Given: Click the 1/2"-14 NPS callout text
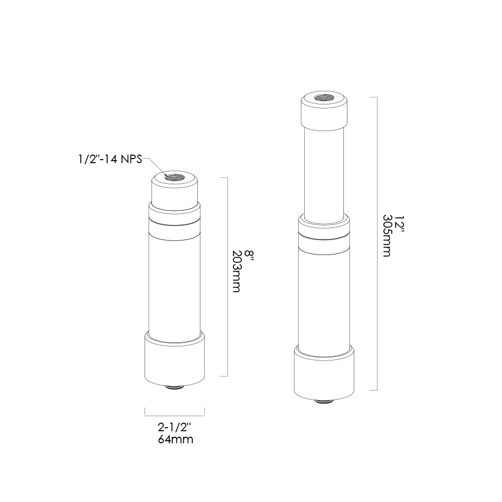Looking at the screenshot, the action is (x=110, y=159).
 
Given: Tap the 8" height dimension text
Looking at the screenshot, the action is (x=249, y=254).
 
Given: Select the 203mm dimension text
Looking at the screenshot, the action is (x=236, y=271).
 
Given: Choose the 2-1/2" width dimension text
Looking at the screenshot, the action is (x=175, y=427).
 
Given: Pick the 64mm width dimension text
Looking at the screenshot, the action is (x=175, y=439).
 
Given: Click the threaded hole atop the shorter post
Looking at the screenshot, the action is (x=175, y=177).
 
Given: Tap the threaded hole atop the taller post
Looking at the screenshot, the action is (x=324, y=97).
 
